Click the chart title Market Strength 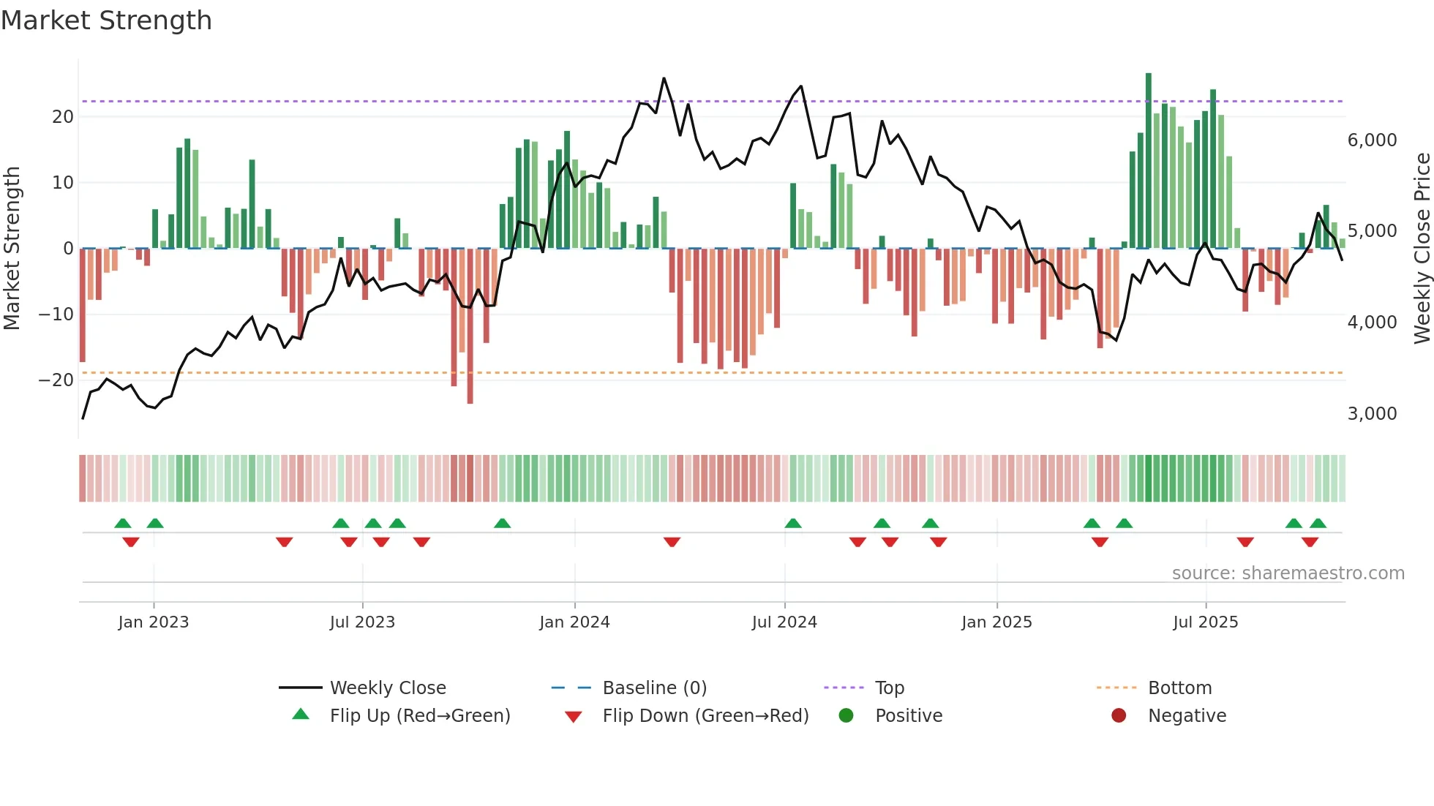coord(107,20)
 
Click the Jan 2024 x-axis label coord(574,622)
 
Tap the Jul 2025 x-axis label coord(1205,622)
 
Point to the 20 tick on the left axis coord(63,117)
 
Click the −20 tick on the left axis coord(56,380)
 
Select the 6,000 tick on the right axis coord(1372,140)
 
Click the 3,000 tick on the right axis coord(1372,414)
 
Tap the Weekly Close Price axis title coord(1422,249)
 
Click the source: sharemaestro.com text coord(1288,573)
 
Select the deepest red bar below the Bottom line coord(470,329)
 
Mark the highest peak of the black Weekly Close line coord(664,78)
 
